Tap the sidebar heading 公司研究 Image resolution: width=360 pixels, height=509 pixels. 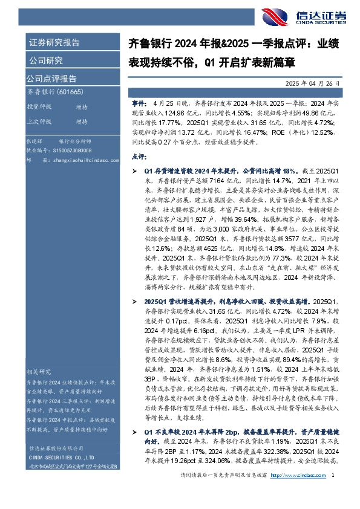[45, 60]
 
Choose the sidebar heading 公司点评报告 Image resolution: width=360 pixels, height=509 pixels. [51, 78]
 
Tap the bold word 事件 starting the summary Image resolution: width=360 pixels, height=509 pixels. [138, 104]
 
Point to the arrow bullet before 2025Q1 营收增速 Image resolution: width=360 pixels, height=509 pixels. [135, 300]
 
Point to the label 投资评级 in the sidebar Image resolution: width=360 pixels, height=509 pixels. [39, 106]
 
